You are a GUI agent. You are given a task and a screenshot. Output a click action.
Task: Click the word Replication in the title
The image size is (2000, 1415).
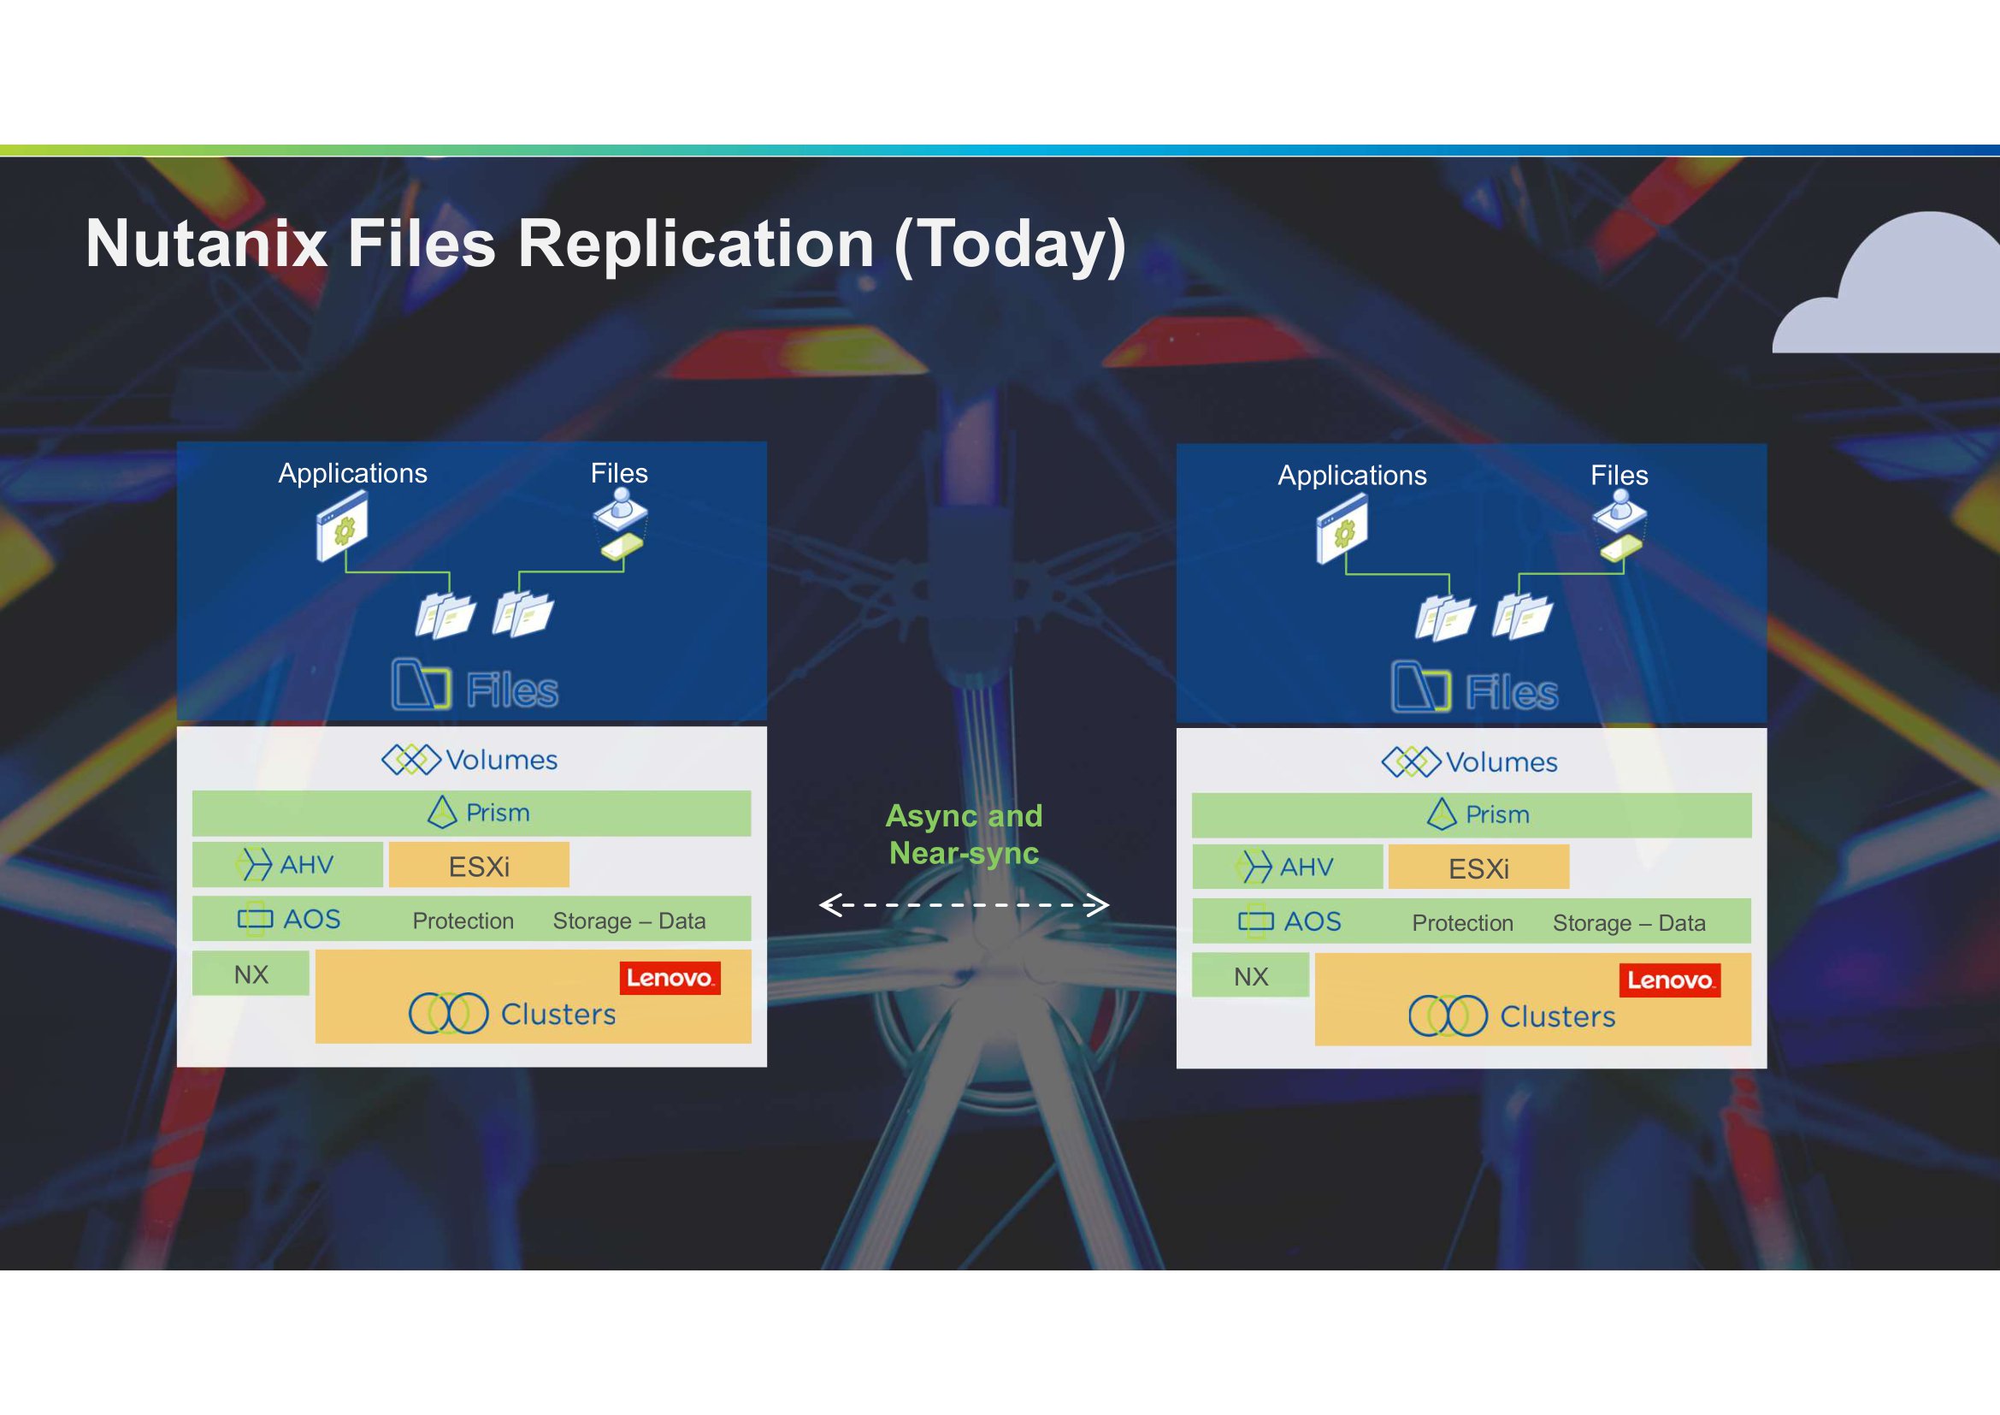click(695, 244)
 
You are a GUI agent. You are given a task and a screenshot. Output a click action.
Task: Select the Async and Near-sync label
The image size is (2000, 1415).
click(965, 834)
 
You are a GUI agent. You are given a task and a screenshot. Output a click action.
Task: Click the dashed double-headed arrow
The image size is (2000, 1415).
click(965, 905)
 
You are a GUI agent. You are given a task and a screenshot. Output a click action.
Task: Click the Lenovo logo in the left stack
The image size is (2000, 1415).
click(670, 978)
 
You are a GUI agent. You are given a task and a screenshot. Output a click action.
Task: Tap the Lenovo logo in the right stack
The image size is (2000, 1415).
click(1670, 980)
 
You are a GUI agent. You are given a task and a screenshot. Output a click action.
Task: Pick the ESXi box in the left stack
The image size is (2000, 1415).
click(479, 865)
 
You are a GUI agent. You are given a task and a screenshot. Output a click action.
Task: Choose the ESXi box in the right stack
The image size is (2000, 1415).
click(1479, 867)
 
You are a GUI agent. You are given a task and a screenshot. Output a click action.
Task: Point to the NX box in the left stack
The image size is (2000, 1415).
click(251, 974)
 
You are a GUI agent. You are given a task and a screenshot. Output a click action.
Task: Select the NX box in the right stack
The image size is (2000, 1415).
click(1251, 976)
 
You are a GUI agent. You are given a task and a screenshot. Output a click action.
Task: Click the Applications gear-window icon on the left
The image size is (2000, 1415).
click(341, 525)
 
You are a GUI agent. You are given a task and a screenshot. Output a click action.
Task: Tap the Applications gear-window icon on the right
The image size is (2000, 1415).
click(1342, 528)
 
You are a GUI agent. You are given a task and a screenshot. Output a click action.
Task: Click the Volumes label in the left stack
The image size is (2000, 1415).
click(502, 760)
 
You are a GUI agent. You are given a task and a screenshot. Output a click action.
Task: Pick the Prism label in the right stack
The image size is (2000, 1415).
click(1497, 814)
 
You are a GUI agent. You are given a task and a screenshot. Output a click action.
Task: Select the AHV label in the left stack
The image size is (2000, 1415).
click(307, 864)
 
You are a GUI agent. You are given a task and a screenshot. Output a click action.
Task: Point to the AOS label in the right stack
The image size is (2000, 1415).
click(1313, 921)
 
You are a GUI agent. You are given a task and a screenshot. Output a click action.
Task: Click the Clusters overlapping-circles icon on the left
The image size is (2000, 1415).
click(449, 1013)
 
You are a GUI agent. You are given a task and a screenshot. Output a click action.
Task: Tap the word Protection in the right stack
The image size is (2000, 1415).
click(1462, 923)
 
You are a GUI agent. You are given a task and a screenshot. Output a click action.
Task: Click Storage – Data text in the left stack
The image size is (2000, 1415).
click(629, 921)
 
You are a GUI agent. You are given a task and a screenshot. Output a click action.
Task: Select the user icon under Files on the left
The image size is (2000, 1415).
click(620, 507)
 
